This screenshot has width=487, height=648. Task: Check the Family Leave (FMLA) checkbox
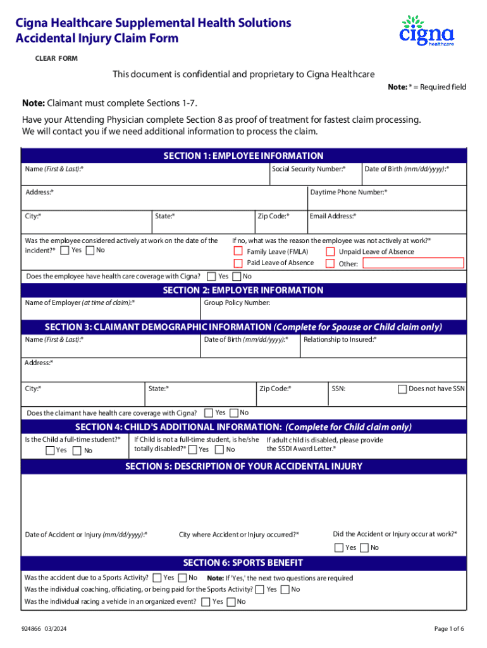coord(238,252)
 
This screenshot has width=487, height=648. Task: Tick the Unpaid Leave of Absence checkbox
coord(330,252)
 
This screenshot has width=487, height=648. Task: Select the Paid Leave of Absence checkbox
coord(238,263)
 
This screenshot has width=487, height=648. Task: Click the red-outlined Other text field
coord(412,263)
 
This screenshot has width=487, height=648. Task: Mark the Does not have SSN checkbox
coord(402,389)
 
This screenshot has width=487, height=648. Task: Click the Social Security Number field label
coord(309,169)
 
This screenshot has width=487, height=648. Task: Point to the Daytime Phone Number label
coord(348,192)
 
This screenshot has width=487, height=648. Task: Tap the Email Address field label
coord(333,216)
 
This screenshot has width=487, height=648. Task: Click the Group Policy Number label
coord(237,303)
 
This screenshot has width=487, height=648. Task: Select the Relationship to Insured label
coord(340,340)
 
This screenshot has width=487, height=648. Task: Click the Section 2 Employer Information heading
coord(243,290)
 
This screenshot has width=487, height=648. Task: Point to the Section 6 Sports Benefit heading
coord(243,563)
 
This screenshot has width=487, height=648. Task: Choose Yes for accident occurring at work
coord(339,548)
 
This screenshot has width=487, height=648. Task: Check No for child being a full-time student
coord(77,451)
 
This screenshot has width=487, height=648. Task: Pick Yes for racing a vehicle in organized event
coord(206,602)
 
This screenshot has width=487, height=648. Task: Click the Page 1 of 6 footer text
coord(449,629)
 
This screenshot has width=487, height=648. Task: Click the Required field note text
coord(427,87)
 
